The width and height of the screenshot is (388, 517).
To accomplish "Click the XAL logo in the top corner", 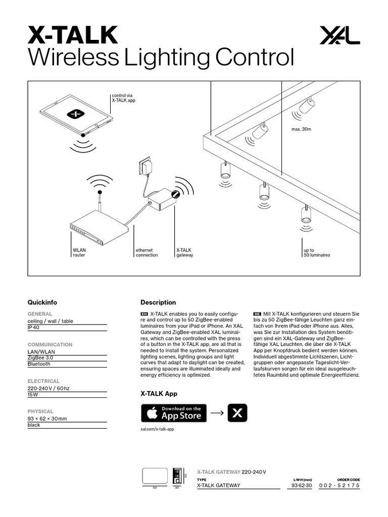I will pyautogui.click(x=339, y=36).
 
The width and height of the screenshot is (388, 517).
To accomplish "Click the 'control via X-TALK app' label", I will pyautogui.click(x=123, y=98).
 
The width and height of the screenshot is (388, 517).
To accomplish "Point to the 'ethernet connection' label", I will pyautogui.click(x=147, y=252).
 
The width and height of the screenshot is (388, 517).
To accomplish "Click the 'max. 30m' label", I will pyautogui.click(x=302, y=130).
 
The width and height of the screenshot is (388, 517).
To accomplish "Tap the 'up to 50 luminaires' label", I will pyautogui.click(x=317, y=252).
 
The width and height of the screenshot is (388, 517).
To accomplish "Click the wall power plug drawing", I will pyautogui.click(x=146, y=166).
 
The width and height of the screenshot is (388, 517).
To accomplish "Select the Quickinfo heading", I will pyautogui.click(x=42, y=302).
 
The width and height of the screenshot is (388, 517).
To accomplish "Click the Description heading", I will pyautogui.click(x=158, y=302).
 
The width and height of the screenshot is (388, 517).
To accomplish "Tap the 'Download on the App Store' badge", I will pyautogui.click(x=173, y=413).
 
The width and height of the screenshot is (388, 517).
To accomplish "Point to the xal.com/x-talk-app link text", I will pyautogui.click(x=157, y=429).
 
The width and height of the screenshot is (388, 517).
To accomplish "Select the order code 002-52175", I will pyautogui.click(x=339, y=485).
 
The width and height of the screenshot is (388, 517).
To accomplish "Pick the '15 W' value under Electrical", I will pyautogui.click(x=33, y=395).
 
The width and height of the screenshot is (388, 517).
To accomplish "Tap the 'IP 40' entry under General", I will pyautogui.click(x=33, y=328).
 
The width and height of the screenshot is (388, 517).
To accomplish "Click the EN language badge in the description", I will pyautogui.click(x=144, y=314).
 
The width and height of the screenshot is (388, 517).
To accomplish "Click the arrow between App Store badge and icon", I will pyautogui.click(x=217, y=413).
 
